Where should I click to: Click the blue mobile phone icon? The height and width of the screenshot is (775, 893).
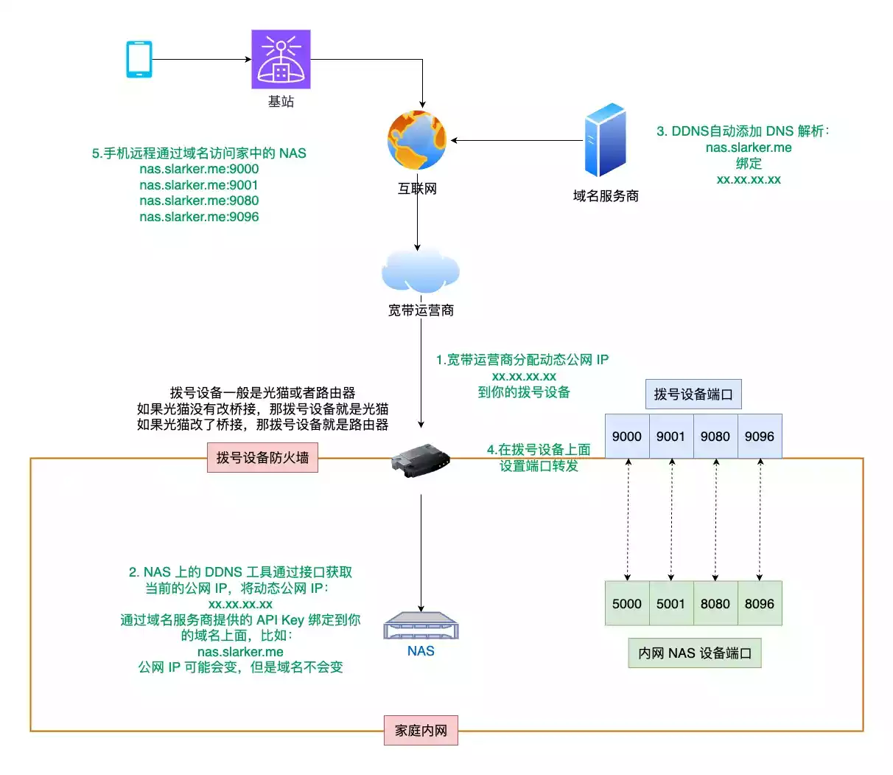(139, 59)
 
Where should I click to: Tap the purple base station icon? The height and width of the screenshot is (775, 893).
(281, 59)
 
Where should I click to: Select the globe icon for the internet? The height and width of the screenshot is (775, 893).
(417, 141)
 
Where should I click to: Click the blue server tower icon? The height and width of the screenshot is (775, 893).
(606, 141)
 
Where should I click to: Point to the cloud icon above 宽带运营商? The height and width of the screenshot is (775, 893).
(420, 271)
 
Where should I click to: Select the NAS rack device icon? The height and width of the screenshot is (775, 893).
(421, 626)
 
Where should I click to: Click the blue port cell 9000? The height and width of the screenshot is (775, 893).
(627, 436)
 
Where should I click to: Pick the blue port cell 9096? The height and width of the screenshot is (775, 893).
(760, 436)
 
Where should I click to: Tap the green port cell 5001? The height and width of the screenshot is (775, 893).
(671, 603)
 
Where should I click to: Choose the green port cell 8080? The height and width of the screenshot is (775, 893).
(715, 603)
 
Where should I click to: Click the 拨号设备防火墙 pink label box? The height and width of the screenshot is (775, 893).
(262, 458)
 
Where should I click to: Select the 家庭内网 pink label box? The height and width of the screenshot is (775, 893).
(421, 730)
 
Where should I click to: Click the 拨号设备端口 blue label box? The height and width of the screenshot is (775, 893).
(693, 395)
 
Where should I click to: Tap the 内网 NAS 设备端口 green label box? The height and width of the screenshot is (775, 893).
(694, 653)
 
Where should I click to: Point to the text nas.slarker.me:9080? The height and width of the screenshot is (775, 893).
(199, 201)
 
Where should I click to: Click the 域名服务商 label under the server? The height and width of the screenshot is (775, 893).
(606, 195)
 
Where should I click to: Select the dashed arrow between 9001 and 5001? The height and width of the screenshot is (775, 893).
(672, 519)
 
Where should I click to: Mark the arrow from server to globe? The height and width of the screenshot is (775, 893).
(516, 140)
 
